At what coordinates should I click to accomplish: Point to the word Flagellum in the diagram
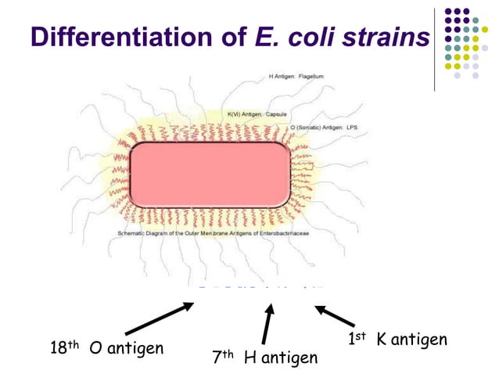pos(310,77)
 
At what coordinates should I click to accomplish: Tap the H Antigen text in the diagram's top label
pos(281,77)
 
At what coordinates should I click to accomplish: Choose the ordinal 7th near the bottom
pos(224,358)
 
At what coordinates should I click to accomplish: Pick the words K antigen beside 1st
pos(411,340)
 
